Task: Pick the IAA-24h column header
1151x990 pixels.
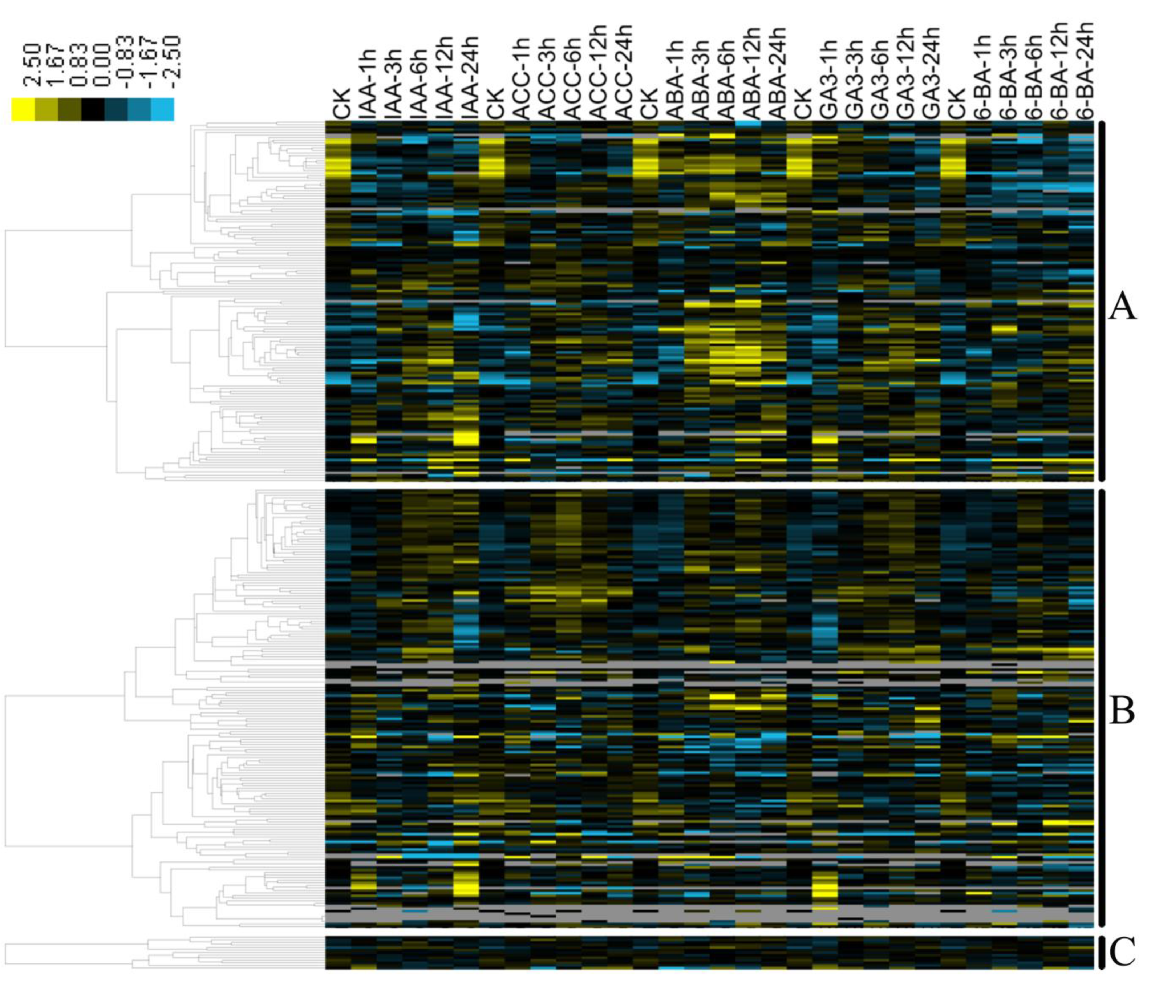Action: (467, 77)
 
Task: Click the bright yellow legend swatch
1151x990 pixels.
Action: (23, 109)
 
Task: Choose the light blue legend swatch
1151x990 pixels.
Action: (162, 109)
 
